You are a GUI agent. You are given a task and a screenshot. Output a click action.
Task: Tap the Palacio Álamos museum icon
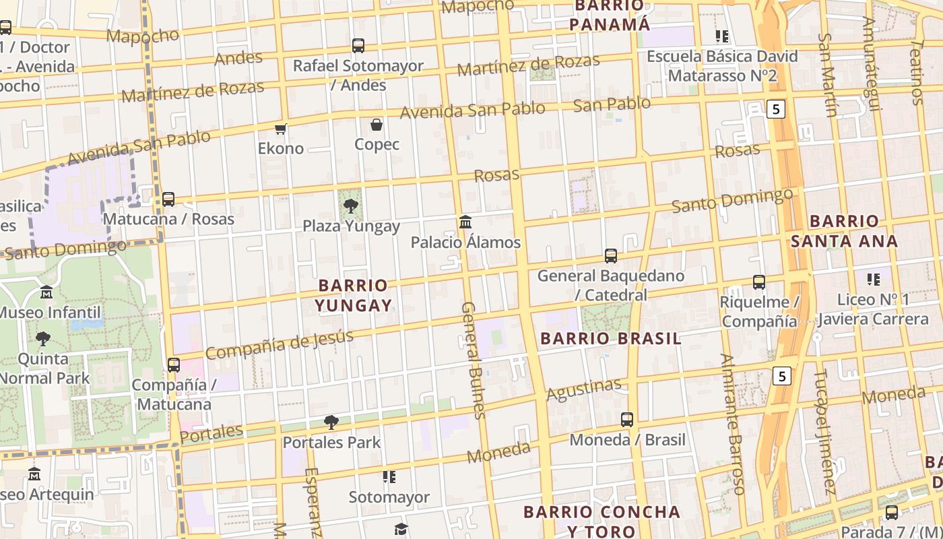click(x=465, y=222)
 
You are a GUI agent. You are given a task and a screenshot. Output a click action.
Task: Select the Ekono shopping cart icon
click(x=281, y=129)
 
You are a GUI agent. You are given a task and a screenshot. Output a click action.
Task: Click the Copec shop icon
click(x=377, y=125)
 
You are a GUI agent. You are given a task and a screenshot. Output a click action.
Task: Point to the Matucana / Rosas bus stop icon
click(x=168, y=199)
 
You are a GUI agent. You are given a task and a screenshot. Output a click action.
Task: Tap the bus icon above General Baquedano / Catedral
click(x=611, y=256)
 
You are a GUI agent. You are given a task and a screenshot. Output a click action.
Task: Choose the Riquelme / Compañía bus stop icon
click(x=759, y=282)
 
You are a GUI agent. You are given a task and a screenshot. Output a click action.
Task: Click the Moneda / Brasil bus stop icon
click(x=627, y=420)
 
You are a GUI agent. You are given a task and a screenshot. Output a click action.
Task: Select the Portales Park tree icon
click(x=331, y=422)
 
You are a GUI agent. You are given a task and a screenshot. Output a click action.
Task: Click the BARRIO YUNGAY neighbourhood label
click(x=354, y=295)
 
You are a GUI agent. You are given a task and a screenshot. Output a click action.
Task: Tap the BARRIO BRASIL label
click(x=611, y=338)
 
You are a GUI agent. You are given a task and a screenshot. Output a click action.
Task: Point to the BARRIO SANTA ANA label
click(x=844, y=231)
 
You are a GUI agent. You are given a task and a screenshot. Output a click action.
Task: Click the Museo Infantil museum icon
click(x=46, y=292)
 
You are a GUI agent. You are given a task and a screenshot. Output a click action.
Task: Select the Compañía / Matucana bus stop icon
click(x=174, y=365)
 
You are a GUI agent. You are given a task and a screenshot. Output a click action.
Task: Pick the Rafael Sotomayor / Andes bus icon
click(x=358, y=46)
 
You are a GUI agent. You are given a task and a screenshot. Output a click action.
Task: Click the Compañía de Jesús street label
click(x=279, y=344)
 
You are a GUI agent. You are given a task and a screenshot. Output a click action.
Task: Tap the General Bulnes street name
click(x=473, y=360)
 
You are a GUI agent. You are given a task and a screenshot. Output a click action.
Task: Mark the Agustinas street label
click(x=584, y=389)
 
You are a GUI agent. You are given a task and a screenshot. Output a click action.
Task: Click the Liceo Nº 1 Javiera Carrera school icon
click(x=874, y=279)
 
